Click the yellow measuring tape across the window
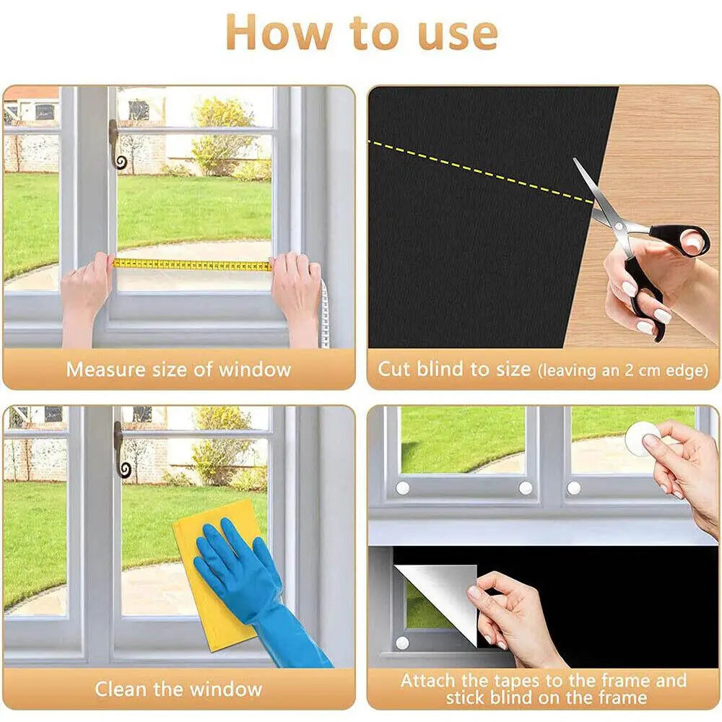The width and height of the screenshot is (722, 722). point(191,265)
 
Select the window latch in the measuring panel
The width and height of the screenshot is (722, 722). point(116,144)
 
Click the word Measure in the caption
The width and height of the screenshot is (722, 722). point(108,370)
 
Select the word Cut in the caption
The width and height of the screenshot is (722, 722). point(394,369)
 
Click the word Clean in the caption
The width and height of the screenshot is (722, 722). point(122,689)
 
